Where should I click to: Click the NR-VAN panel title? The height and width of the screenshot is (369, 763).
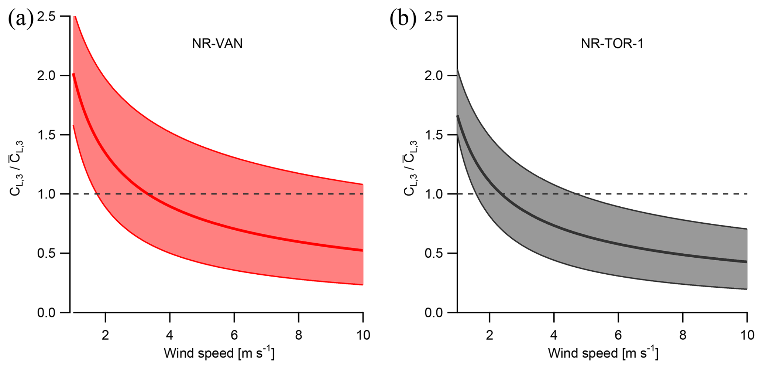tap(217, 44)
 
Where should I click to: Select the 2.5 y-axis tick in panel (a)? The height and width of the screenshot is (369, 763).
tap(46, 16)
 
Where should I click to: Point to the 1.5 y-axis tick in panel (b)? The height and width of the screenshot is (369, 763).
tap(433, 135)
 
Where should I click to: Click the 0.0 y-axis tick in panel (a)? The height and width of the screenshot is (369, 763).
tap(46, 313)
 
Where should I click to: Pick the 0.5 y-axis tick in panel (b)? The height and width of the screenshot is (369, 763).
tap(433, 253)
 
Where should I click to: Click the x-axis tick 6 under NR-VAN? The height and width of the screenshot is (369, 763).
tap(234, 335)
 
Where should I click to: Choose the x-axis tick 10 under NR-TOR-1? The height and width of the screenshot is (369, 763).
tap(747, 335)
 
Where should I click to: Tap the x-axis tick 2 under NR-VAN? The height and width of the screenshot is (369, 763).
tap(106, 335)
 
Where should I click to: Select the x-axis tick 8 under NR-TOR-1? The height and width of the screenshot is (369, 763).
tap(683, 335)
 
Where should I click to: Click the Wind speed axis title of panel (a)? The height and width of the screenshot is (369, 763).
tap(219, 353)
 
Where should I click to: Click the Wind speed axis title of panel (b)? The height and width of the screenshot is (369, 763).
tap(603, 353)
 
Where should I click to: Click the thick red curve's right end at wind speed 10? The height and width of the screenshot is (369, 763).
tap(362, 250)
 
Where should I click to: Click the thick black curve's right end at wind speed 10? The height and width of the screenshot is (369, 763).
tap(746, 262)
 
